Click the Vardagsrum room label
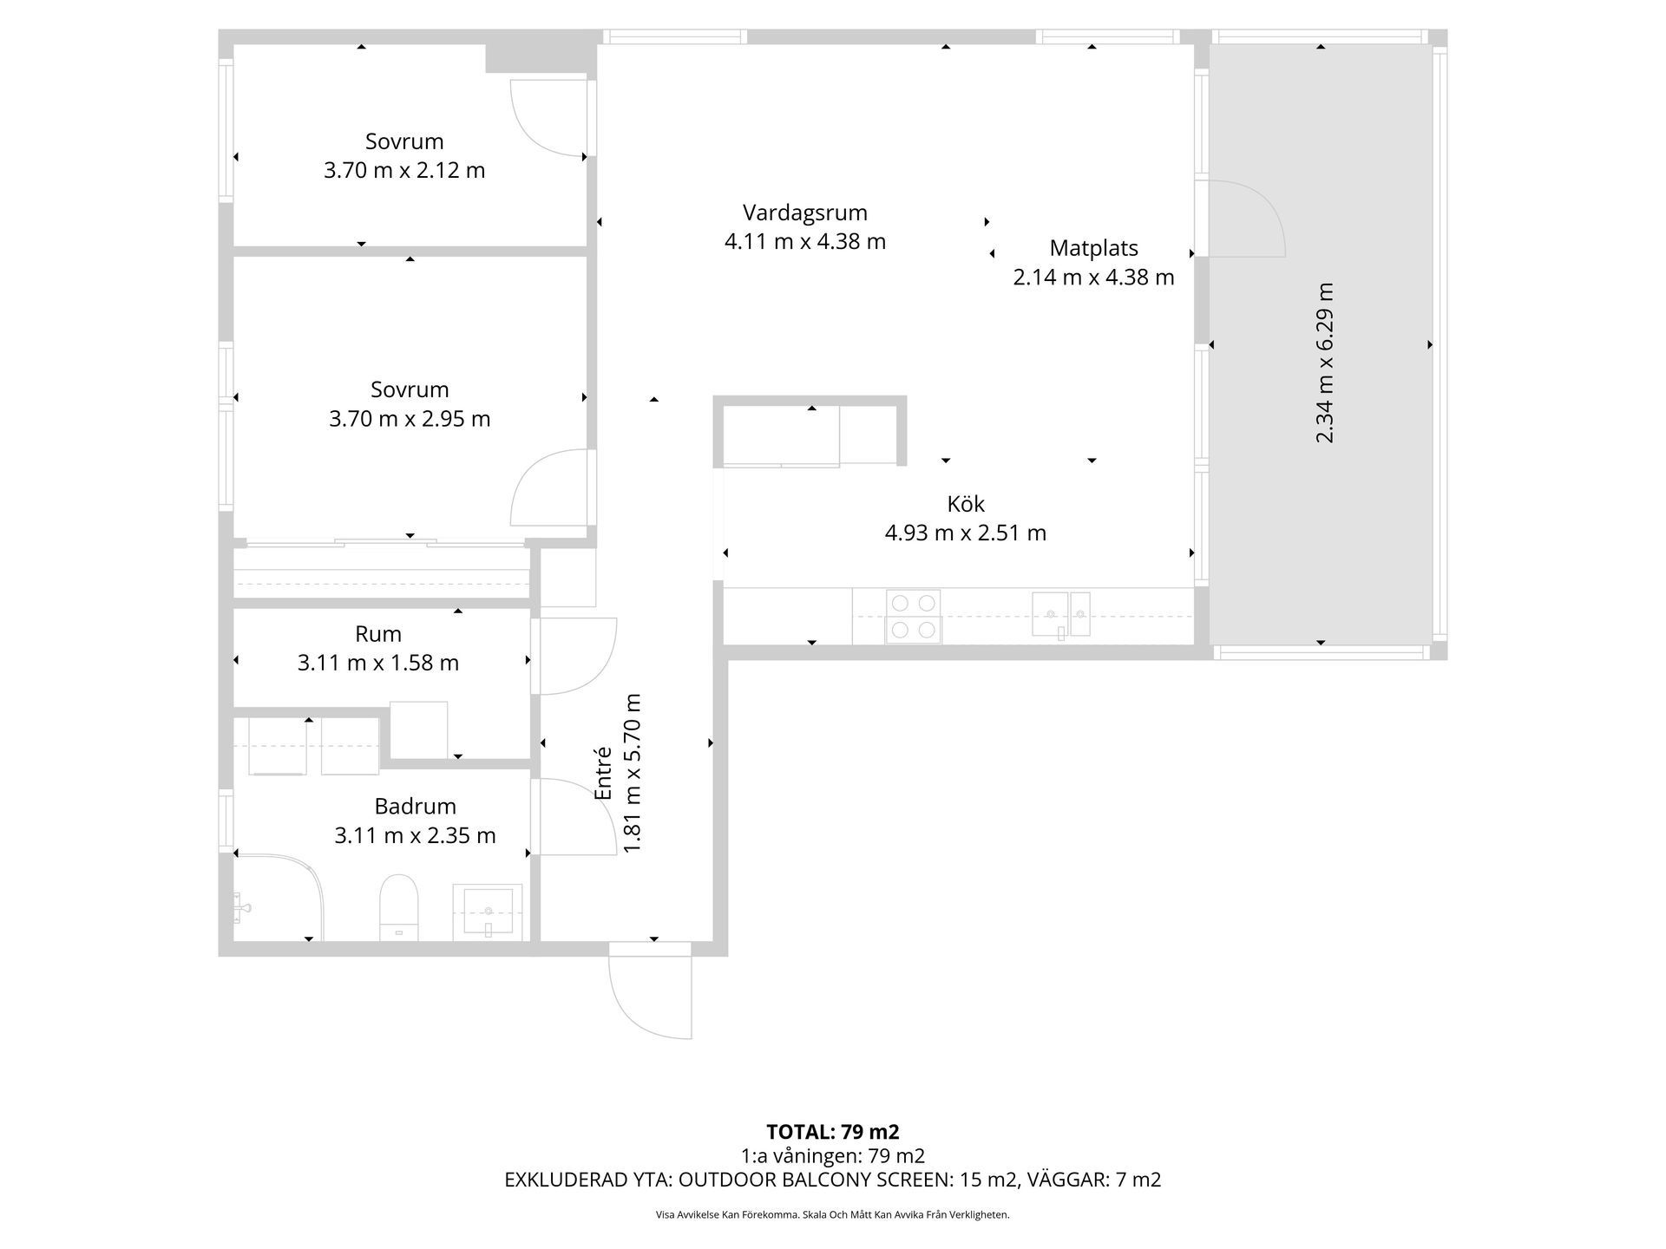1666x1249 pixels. tap(804, 213)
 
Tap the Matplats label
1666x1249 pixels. tap(1093, 248)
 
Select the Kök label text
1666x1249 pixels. tap(966, 504)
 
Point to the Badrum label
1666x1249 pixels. tap(415, 807)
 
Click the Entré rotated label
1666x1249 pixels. tap(603, 773)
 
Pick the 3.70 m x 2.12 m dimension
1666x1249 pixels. tap(404, 170)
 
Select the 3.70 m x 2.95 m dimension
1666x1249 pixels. tap(410, 419)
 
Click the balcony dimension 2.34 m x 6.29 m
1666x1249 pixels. tap(1324, 363)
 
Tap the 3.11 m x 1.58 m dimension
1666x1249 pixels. tap(378, 663)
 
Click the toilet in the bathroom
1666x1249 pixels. tap(399, 907)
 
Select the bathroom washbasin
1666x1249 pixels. tap(488, 912)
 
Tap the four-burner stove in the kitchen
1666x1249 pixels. tap(914, 617)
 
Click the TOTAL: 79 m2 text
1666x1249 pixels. tap(833, 1132)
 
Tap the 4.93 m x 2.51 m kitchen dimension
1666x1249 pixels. tap(966, 533)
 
